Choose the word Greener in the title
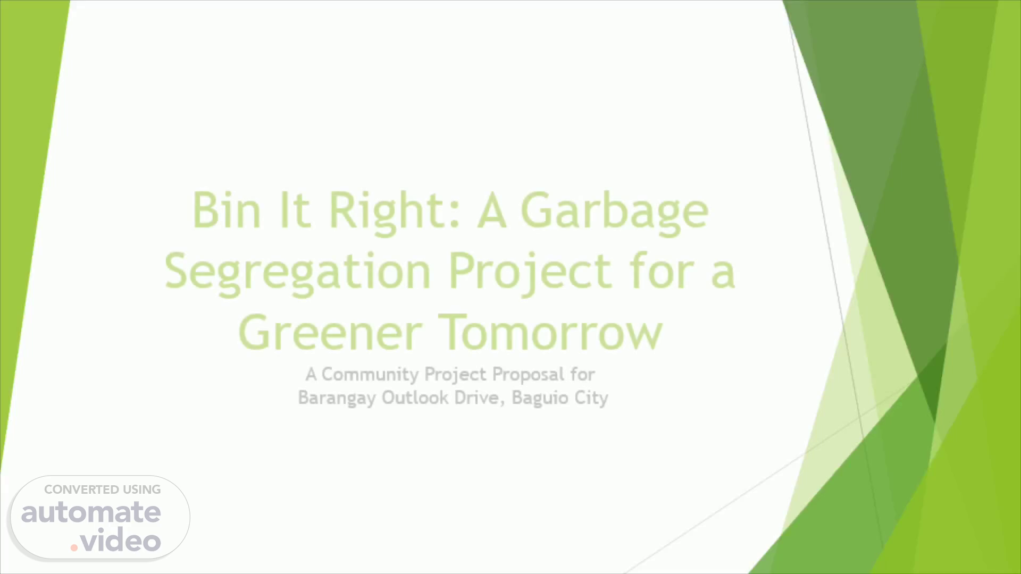point(331,332)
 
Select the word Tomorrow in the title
point(551,332)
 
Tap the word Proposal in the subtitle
point(528,375)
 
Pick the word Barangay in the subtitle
point(337,399)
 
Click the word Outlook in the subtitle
point(415,398)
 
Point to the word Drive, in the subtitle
point(480,398)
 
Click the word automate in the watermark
point(91,512)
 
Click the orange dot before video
point(74,547)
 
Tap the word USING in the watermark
point(141,489)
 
